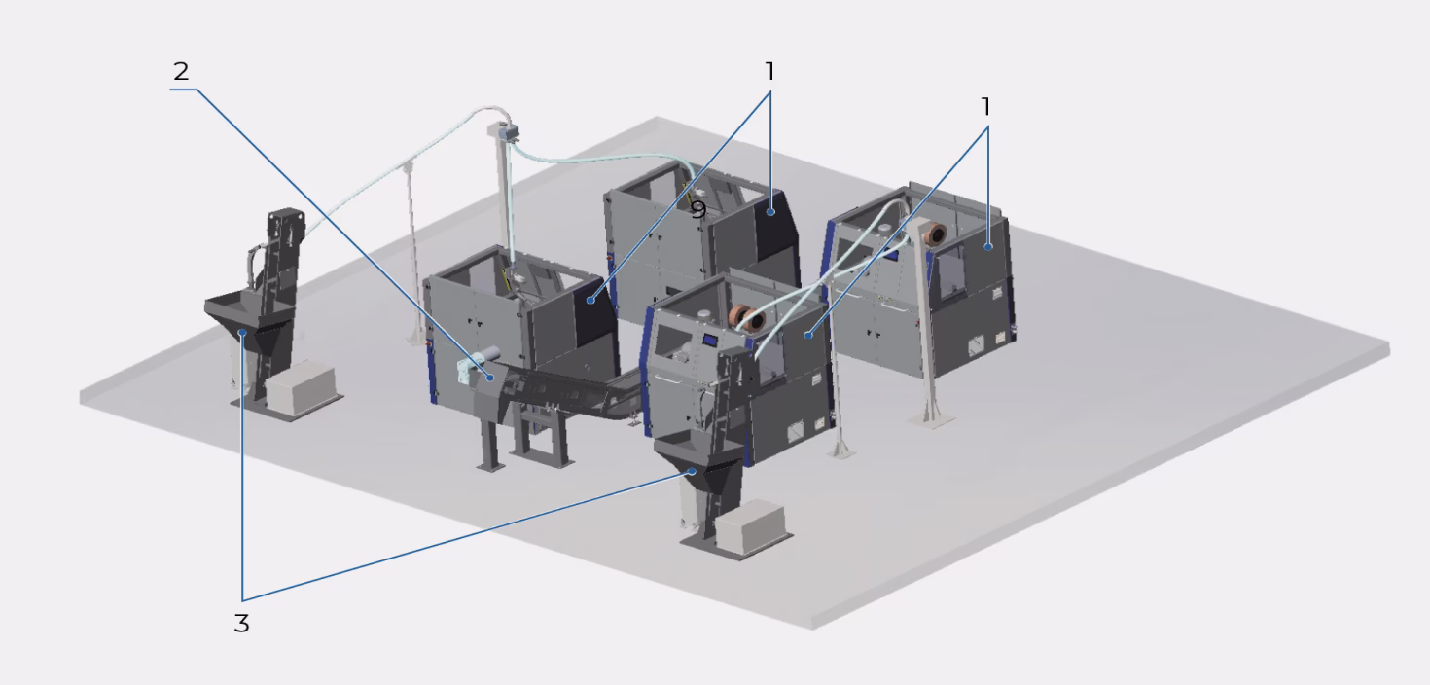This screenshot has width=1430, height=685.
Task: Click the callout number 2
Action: (x=181, y=71)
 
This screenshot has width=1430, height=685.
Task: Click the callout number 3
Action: (x=241, y=624)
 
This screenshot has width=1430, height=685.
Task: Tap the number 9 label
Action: (x=697, y=209)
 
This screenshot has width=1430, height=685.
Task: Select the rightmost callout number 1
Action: (x=985, y=105)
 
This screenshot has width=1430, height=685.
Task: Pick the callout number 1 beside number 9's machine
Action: (x=769, y=71)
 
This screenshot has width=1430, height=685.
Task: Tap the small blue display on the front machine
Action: (x=711, y=340)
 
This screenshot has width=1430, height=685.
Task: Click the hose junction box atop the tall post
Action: (x=504, y=129)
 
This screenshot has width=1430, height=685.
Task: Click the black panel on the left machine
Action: (x=595, y=316)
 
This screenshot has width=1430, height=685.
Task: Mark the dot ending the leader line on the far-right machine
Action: (x=988, y=247)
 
